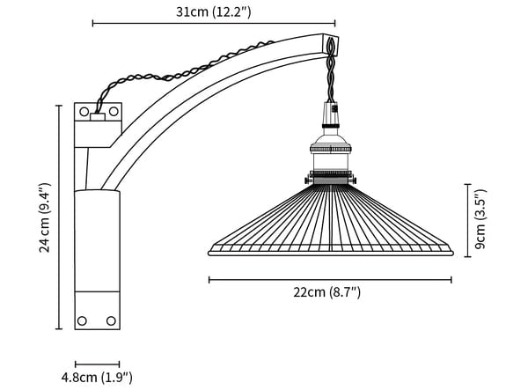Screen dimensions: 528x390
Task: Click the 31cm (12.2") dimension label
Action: (214, 12)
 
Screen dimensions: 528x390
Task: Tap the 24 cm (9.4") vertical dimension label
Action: (45, 218)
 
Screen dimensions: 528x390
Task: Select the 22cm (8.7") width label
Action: (326, 292)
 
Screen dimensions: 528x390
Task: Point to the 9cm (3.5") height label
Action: (480, 219)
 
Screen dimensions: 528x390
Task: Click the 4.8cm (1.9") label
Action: (97, 377)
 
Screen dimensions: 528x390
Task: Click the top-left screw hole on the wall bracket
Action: (84, 112)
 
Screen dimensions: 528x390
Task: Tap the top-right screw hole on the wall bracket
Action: (114, 111)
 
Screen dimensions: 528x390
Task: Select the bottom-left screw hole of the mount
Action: (82, 320)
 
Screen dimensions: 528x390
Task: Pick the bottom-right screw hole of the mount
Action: (111, 320)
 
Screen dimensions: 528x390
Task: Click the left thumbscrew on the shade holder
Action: (308, 180)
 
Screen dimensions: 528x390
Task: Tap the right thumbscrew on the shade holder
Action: (352, 180)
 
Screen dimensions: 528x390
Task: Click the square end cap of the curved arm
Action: (330, 44)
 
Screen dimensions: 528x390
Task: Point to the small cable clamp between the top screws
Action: (98, 117)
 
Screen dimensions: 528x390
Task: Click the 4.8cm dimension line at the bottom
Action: (98, 364)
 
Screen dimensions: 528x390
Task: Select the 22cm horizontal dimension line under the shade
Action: (330, 280)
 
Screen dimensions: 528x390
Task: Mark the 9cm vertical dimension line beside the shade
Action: (467, 221)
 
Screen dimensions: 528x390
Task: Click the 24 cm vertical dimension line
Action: (59, 217)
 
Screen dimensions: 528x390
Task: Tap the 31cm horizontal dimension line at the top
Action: (214, 23)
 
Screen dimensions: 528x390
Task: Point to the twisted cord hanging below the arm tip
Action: (331, 77)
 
